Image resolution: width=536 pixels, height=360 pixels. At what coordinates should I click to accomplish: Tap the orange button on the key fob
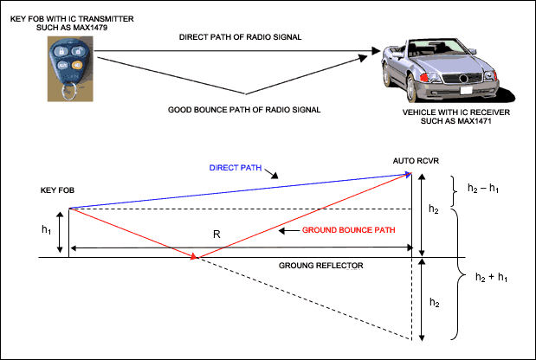pos(77,63)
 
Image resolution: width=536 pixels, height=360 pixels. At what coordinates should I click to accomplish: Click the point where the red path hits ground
pos(197,257)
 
